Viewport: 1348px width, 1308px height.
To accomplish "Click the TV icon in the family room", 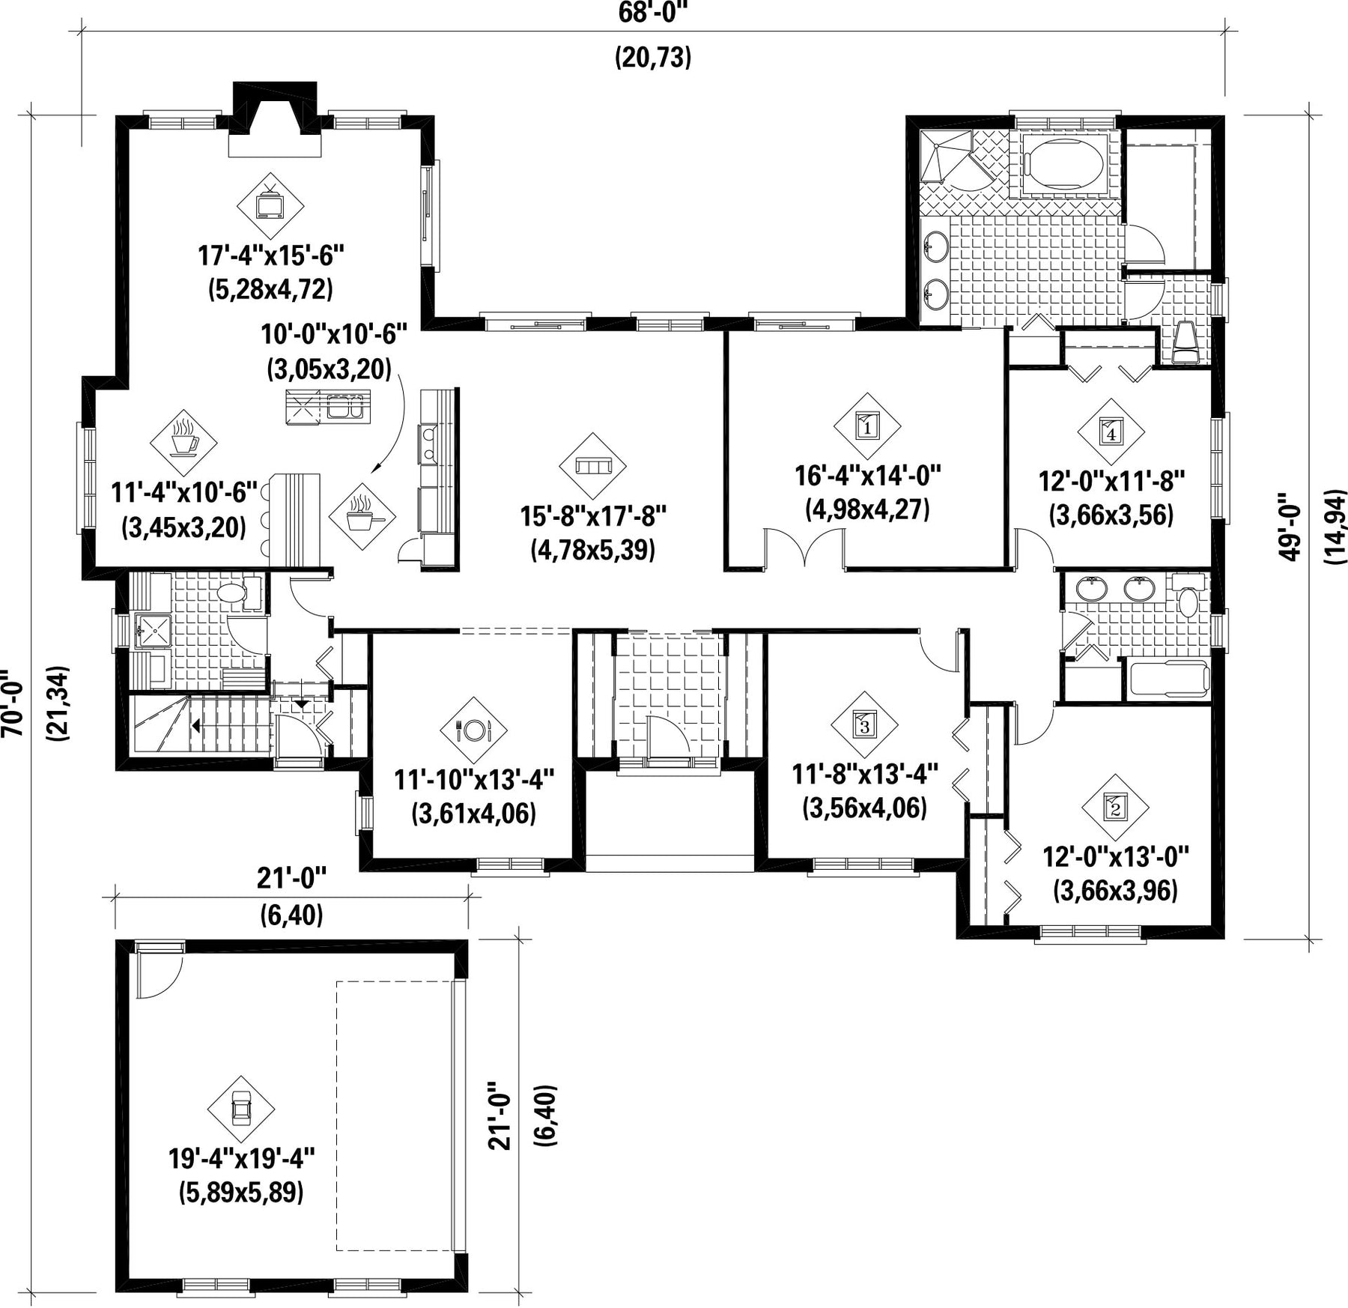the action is [x=270, y=207].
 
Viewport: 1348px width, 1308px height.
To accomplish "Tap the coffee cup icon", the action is [x=183, y=443].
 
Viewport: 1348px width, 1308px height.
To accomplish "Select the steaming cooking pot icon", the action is [x=362, y=516].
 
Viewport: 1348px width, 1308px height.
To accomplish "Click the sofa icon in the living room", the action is [x=592, y=466].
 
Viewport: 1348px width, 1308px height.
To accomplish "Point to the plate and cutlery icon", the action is [x=473, y=730].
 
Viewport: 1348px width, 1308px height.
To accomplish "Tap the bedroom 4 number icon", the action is [x=1111, y=431].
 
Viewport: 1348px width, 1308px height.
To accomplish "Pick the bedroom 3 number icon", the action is [x=864, y=724].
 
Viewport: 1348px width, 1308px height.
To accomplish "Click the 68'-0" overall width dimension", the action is [x=653, y=12].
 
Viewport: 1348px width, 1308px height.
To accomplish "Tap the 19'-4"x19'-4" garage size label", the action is [x=241, y=1159].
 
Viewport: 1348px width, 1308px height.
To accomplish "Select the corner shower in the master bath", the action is [x=947, y=157].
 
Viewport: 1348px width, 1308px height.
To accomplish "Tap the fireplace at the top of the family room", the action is [x=275, y=120].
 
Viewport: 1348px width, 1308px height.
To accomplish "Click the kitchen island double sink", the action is [x=345, y=408].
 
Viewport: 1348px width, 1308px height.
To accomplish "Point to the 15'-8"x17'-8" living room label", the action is [x=594, y=515].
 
